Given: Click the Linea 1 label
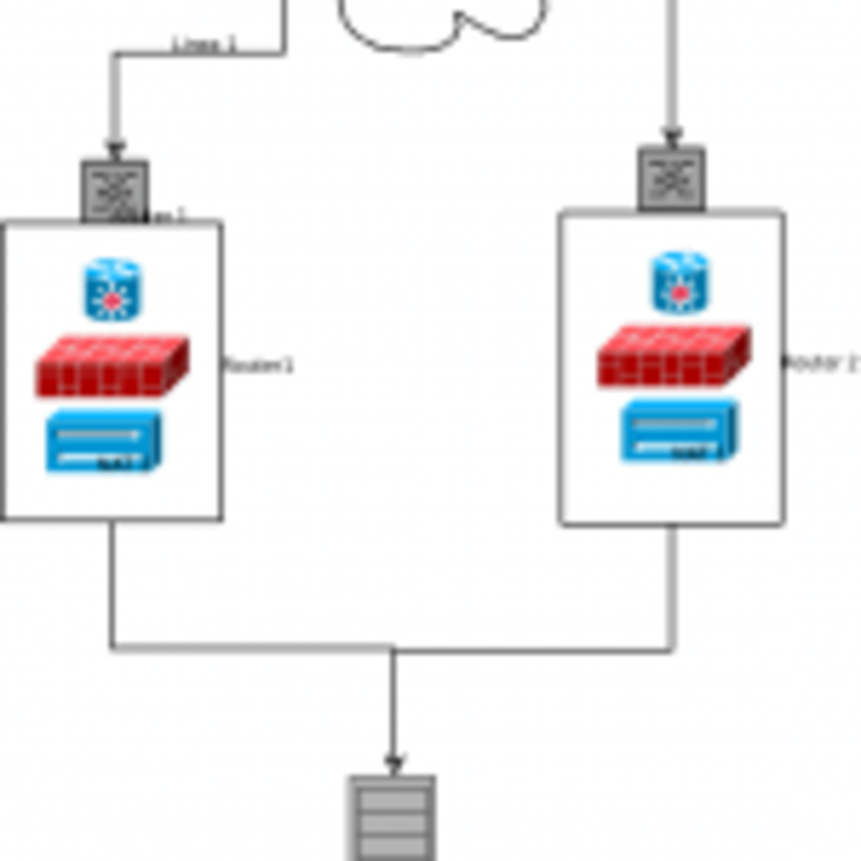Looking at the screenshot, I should pyautogui.click(x=203, y=46).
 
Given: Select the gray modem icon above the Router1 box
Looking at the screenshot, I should pyautogui.click(x=115, y=190).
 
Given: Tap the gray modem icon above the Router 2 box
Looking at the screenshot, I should pyautogui.click(x=672, y=178).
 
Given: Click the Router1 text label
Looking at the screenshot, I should pyautogui.click(x=258, y=366).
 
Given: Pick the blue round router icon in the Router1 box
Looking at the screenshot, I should pyautogui.click(x=113, y=290).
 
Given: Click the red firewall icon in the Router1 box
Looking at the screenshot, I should pyautogui.click(x=112, y=367).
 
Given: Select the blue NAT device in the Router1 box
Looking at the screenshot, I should pyautogui.click(x=103, y=441).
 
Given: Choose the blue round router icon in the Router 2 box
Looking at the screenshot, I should pyautogui.click(x=680, y=283).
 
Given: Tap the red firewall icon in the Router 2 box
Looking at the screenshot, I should pyautogui.click(x=674, y=356).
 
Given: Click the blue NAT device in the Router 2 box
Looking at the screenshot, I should pyautogui.click(x=679, y=430).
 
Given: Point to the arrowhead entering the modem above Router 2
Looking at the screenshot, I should pyautogui.click(x=672, y=138).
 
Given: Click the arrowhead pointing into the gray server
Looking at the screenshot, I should pyautogui.click(x=393, y=764).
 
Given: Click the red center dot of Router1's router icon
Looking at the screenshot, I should pyautogui.click(x=113, y=301).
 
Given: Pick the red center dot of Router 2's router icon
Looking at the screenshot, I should pyautogui.click(x=680, y=294).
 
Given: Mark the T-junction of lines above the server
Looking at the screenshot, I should pyautogui.click(x=393, y=648).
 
